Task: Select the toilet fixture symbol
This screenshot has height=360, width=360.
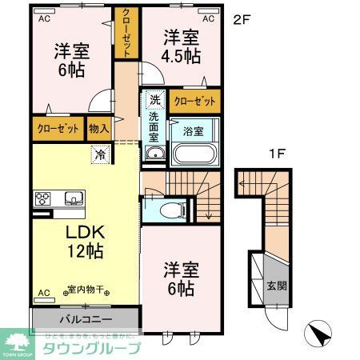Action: click(168, 210)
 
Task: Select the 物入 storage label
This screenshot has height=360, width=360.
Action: click(99, 127)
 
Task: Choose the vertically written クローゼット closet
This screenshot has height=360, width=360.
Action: click(126, 32)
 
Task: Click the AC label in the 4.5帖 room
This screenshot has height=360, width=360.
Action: click(207, 18)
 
